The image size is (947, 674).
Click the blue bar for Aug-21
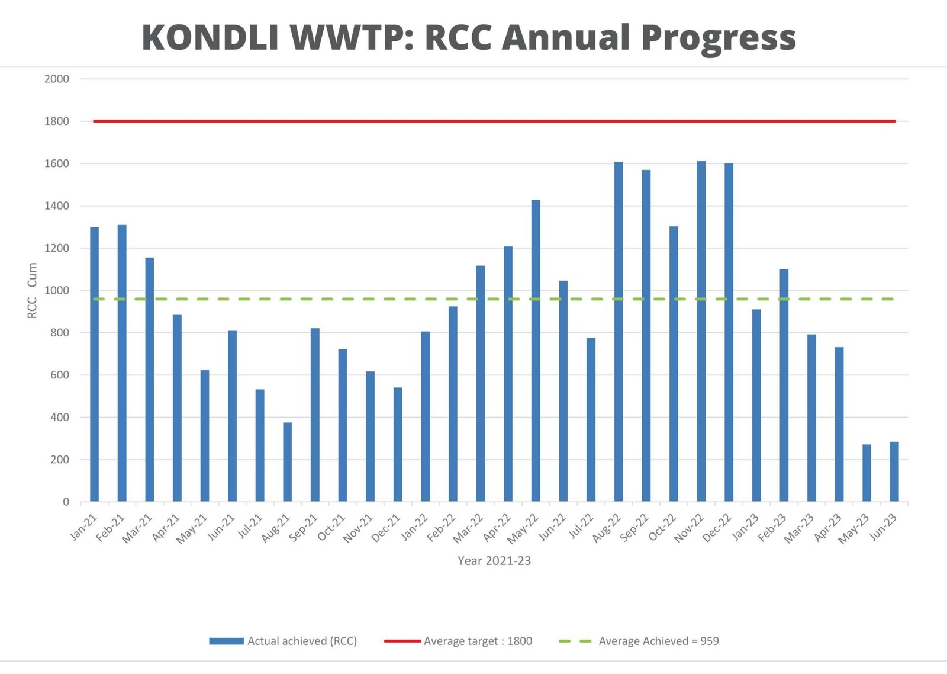[x=287, y=462]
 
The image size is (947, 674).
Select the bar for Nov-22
[x=701, y=332]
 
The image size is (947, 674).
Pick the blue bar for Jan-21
[x=94, y=364]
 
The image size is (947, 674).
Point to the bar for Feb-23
[x=784, y=385]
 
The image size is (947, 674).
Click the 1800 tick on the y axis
[x=57, y=121]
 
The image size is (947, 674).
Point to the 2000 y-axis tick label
[x=57, y=79]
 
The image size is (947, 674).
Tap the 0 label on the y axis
[x=66, y=502]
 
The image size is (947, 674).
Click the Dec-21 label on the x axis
[x=386, y=528]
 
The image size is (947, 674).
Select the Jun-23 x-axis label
[x=883, y=527]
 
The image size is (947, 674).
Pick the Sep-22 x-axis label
[x=634, y=528]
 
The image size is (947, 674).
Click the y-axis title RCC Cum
[x=32, y=290]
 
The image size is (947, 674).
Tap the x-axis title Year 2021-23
[x=494, y=561]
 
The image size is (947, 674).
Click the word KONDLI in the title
[x=210, y=37]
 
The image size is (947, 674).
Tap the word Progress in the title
[x=719, y=37]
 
